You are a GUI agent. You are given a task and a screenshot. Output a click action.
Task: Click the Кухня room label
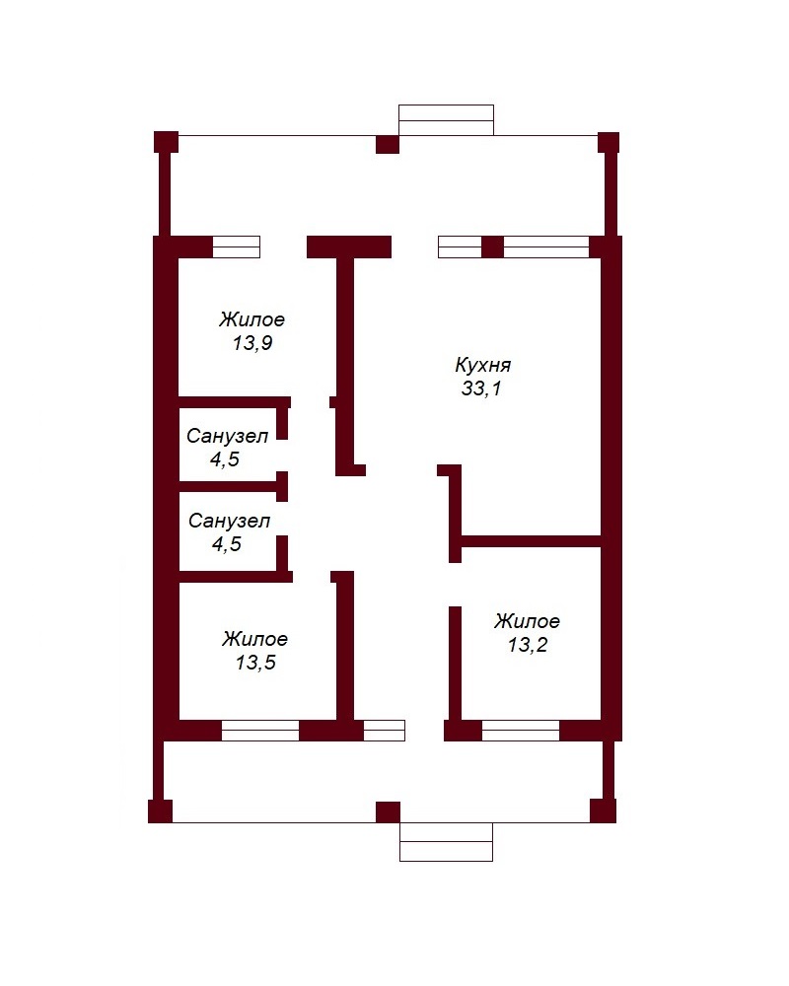pyautogui.click(x=482, y=365)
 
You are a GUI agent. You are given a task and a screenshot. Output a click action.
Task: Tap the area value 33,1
pyautogui.click(x=481, y=388)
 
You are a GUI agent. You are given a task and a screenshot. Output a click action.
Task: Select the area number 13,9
pyautogui.click(x=252, y=343)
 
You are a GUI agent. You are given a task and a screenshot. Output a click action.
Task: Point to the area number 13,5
pyautogui.click(x=255, y=663)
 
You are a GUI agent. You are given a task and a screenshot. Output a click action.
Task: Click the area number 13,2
pyautogui.click(x=528, y=645)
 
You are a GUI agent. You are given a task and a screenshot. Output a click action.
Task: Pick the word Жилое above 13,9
pyautogui.click(x=251, y=319)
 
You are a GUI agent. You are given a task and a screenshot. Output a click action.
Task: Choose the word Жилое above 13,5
pyautogui.click(x=254, y=639)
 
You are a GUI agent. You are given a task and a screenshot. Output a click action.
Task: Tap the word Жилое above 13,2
pyautogui.click(x=527, y=621)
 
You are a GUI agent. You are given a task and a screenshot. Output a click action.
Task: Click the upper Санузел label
pyautogui.click(x=227, y=436)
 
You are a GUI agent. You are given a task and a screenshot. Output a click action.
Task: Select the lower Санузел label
pyautogui.click(x=229, y=521)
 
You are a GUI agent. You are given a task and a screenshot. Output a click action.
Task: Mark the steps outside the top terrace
pyautogui.click(x=446, y=120)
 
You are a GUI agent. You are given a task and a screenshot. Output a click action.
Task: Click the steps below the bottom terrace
pyautogui.click(x=446, y=841)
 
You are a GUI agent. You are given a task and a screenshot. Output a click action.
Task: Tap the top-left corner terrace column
pyautogui.click(x=166, y=142)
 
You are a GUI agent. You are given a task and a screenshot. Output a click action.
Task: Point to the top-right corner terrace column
pyautogui.click(x=609, y=142)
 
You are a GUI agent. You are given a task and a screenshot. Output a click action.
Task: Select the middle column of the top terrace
pyautogui.click(x=388, y=144)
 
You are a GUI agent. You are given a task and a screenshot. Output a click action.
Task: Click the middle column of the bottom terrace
pyautogui.click(x=389, y=811)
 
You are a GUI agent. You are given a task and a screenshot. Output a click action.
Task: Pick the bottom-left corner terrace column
pyautogui.click(x=161, y=811)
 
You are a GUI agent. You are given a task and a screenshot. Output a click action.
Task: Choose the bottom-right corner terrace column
pyautogui.click(x=603, y=810)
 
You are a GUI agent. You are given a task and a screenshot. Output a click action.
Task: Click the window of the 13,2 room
pyautogui.click(x=521, y=731)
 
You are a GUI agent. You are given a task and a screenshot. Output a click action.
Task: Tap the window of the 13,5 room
pyautogui.click(x=259, y=731)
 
